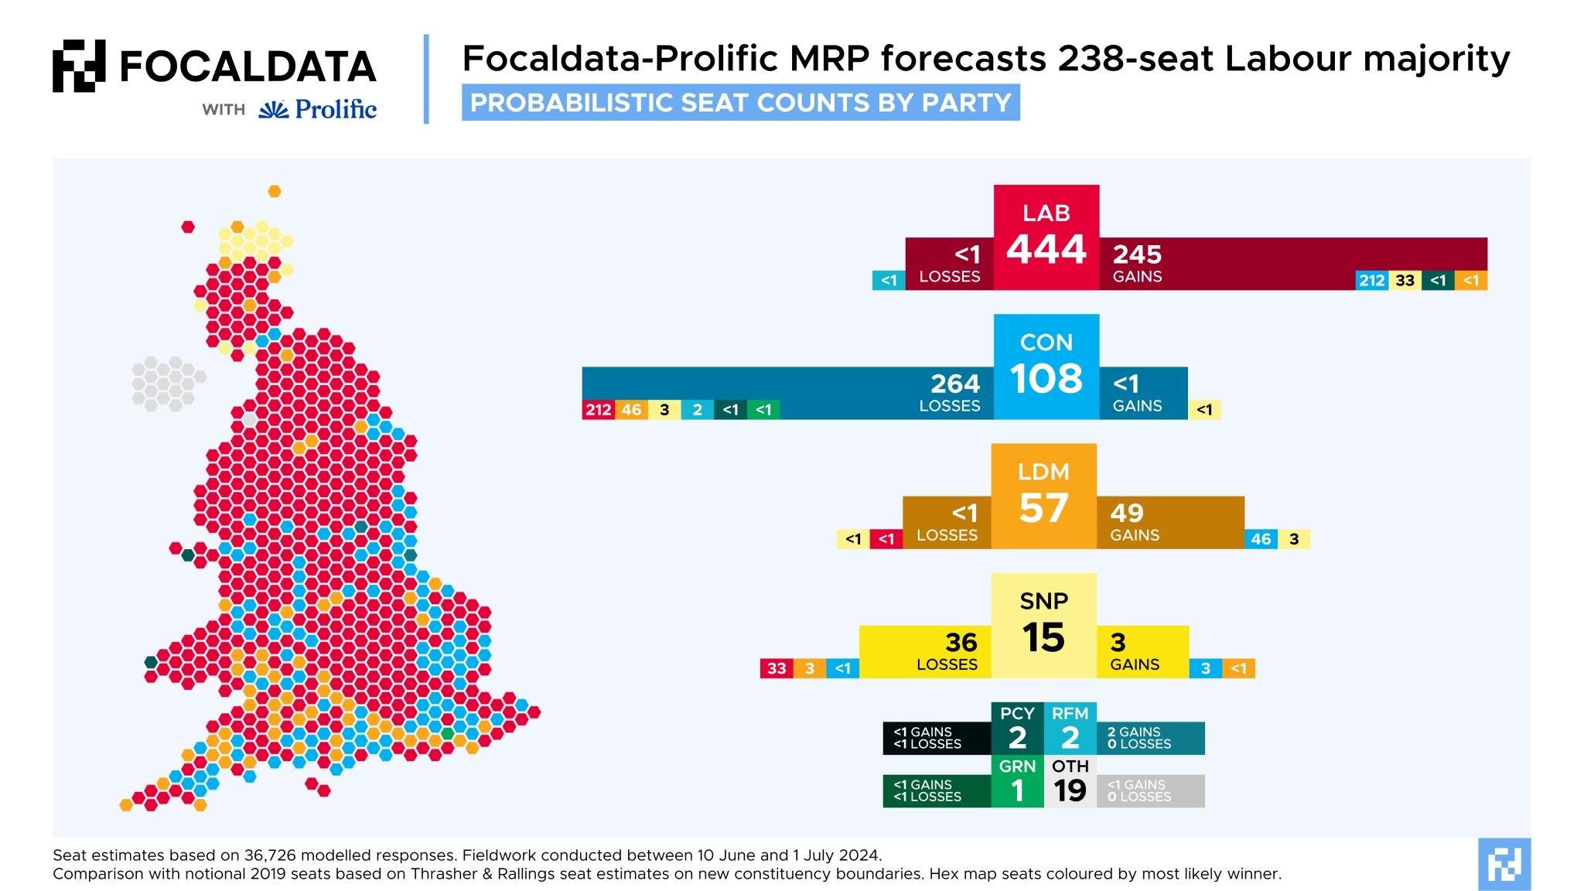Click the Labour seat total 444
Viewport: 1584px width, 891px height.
coord(1046,249)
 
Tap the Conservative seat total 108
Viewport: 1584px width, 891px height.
coord(1046,378)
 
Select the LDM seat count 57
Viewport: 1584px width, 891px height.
coord(1043,508)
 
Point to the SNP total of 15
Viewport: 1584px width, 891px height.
coord(1043,637)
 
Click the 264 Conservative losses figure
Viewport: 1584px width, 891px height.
coord(955,384)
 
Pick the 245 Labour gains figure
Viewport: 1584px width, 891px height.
coord(1137,254)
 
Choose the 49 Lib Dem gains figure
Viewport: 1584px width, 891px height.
coord(1127,513)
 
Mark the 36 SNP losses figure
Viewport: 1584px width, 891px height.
coord(961,642)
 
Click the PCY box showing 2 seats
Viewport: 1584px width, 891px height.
coord(1017,729)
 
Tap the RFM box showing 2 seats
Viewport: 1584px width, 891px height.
coord(1070,729)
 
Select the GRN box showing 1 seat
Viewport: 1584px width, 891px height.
coord(1017,781)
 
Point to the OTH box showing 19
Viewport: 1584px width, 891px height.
coord(1070,781)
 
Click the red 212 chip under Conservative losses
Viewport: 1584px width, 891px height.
coord(598,410)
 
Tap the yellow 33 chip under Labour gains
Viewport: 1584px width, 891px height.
coord(1405,281)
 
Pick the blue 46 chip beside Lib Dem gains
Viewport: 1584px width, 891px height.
coord(1261,539)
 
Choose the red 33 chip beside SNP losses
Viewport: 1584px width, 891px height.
coord(777,668)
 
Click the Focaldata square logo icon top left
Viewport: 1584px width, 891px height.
coord(79,66)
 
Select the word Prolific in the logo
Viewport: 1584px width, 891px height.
coord(336,109)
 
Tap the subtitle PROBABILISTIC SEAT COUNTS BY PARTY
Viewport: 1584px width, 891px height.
coord(740,103)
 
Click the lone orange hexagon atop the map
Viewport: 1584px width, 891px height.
coord(275,191)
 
